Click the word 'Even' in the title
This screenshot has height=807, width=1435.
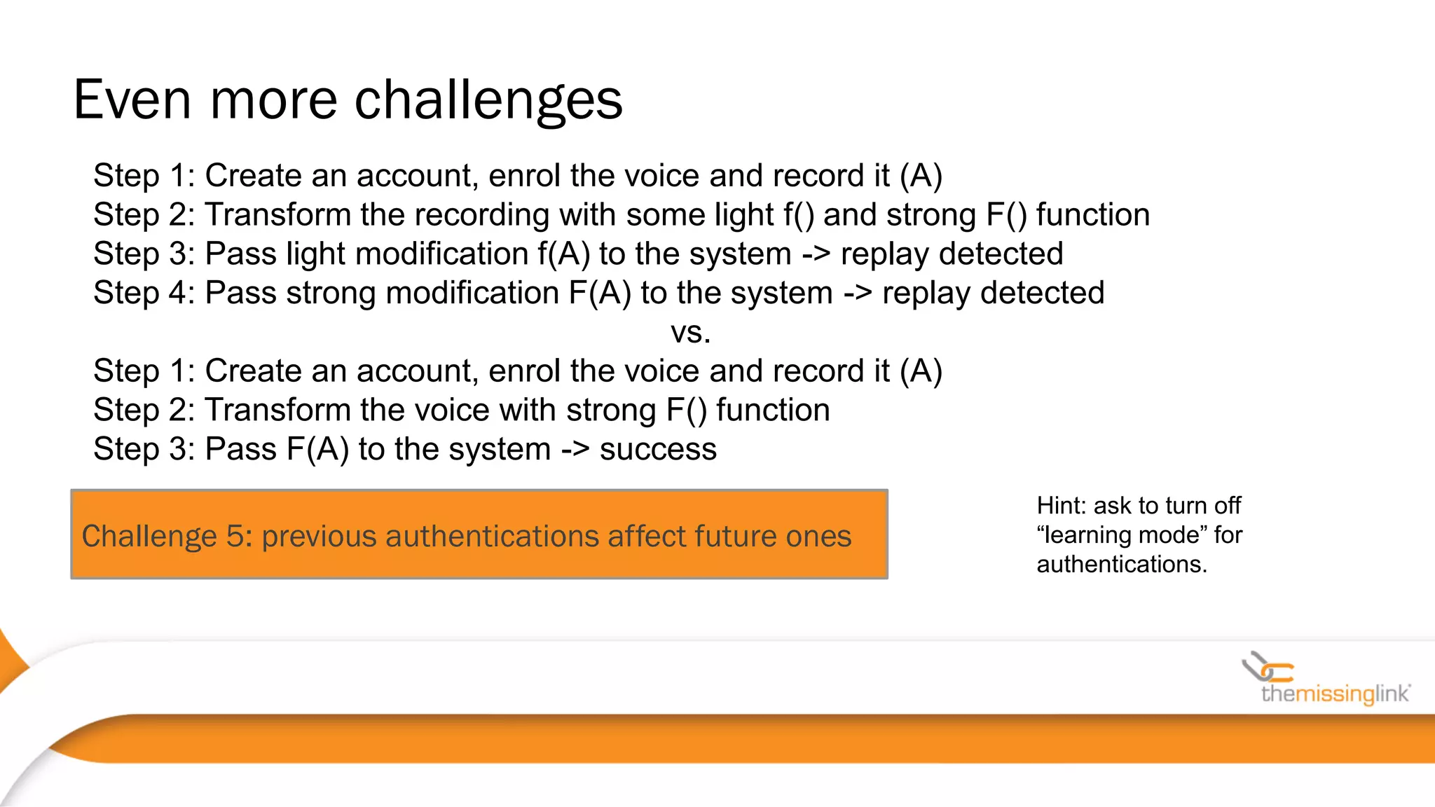(132, 100)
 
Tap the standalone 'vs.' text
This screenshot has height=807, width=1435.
(691, 332)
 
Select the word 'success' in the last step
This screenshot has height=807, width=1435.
(658, 449)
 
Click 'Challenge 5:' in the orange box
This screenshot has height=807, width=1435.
(166, 536)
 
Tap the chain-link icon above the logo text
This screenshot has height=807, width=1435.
(1267, 668)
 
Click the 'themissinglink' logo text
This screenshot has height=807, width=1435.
(1335, 694)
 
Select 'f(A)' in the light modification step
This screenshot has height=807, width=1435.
(564, 254)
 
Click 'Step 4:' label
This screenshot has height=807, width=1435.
(144, 294)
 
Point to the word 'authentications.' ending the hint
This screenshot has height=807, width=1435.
(1122, 565)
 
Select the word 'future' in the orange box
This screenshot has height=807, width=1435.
(735, 536)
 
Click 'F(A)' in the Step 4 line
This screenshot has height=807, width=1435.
(600, 294)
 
